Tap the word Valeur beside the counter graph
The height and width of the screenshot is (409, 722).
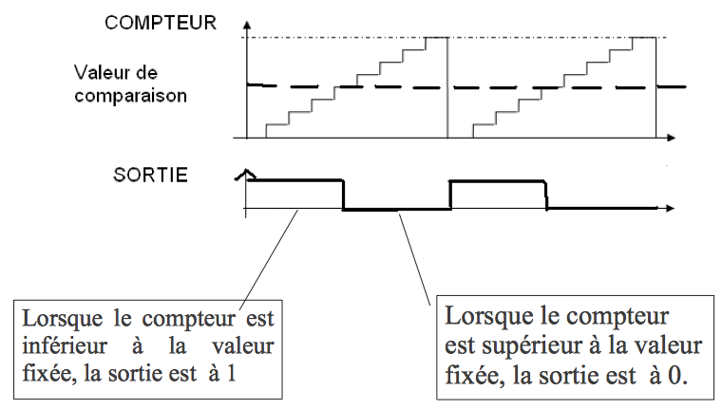[x=104, y=73]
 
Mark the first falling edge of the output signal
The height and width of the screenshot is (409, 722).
[x=342, y=195]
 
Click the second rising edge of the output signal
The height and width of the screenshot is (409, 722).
[x=449, y=195]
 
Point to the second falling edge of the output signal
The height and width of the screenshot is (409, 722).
[x=547, y=195]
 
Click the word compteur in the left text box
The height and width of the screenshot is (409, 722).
[x=173, y=316]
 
